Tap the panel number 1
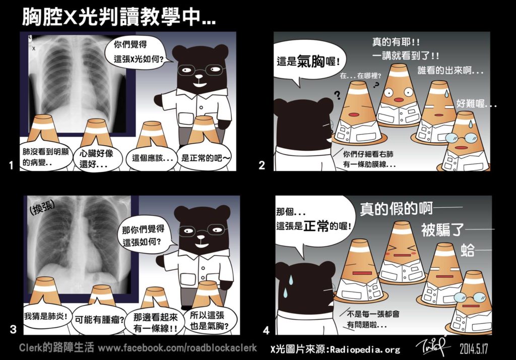tap(11, 165)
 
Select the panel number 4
tap(267, 330)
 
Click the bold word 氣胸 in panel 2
tap(310, 61)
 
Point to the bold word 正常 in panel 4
tap(316, 226)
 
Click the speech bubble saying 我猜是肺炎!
tap(46, 317)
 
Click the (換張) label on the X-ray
tap(42, 207)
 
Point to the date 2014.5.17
tap(474, 349)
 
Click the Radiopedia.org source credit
tap(335, 349)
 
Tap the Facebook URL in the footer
tap(177, 347)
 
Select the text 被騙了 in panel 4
tap(442, 229)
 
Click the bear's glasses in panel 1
tap(201, 70)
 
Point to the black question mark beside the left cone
tap(337, 95)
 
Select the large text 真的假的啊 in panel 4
tap(396, 209)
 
